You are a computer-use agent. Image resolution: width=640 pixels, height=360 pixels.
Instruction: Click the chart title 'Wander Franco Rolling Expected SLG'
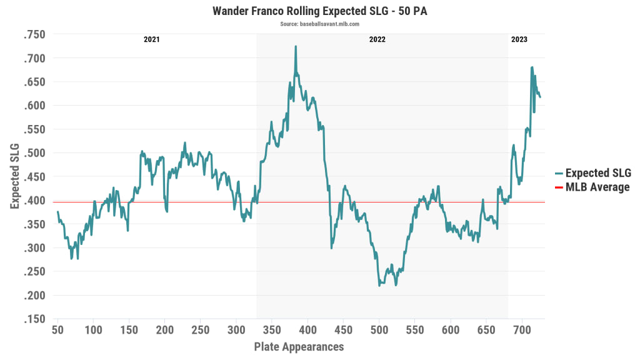click(319, 11)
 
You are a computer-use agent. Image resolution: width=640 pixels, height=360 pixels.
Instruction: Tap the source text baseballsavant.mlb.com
click(319, 24)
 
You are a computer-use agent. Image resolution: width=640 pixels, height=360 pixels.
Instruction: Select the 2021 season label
click(151, 39)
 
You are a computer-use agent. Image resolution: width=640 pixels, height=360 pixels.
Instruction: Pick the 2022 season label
click(377, 39)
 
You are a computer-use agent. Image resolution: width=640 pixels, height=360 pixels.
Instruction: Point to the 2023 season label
click(519, 39)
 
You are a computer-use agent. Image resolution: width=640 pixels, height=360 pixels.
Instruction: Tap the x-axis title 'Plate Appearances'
click(299, 346)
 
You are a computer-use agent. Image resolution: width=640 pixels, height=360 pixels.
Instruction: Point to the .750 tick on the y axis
click(34, 34)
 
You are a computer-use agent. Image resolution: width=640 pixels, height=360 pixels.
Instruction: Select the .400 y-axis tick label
click(34, 201)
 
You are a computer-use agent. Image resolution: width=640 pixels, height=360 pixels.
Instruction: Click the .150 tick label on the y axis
click(34, 319)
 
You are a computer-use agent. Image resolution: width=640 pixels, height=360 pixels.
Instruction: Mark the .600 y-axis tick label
click(34, 106)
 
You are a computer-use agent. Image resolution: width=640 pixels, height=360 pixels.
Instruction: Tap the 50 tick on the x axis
click(57, 330)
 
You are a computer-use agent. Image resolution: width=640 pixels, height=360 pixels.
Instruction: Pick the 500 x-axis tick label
click(379, 330)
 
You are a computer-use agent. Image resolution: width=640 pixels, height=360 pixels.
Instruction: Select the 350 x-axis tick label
click(272, 330)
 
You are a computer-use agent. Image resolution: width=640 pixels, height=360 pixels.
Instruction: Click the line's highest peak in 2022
click(296, 46)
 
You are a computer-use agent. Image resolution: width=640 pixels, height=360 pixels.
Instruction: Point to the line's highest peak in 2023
click(532, 67)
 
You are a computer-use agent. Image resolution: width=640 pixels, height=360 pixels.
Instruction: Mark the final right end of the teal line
click(541, 97)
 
